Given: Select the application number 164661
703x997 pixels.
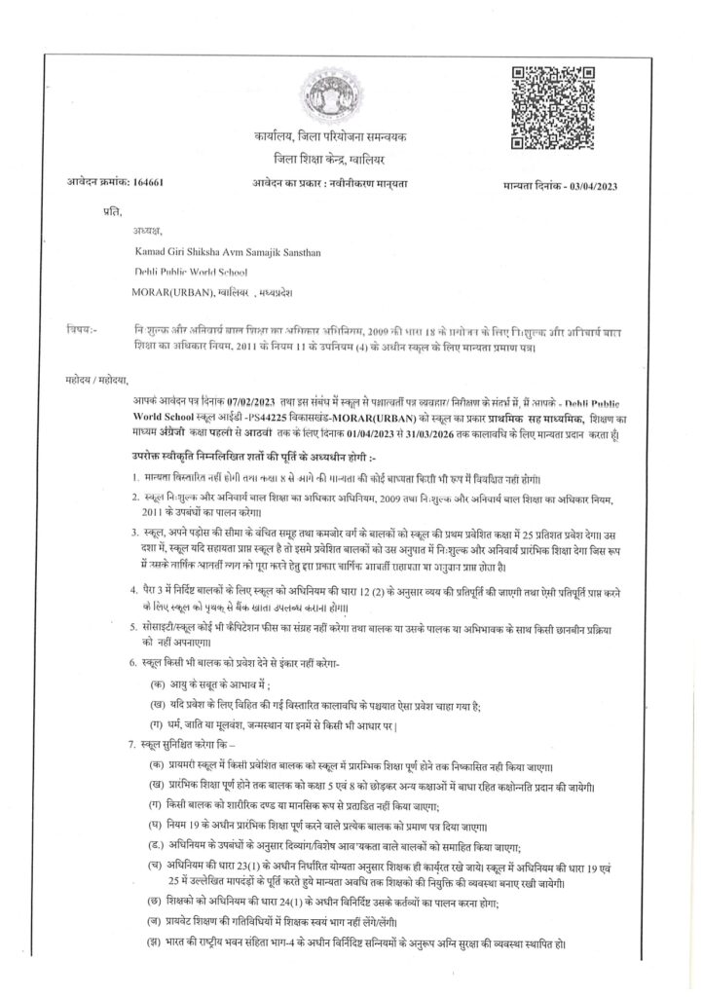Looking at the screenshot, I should (146, 183).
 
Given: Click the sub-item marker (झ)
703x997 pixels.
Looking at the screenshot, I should (154, 943).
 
